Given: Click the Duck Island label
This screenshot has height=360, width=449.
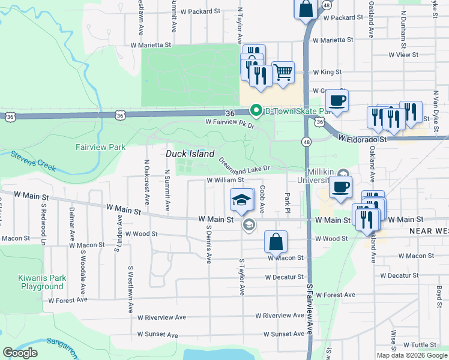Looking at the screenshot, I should (190, 154).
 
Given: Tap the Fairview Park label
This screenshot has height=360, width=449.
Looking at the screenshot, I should (100, 146).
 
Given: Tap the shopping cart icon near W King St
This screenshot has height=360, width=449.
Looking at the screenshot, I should (283, 73).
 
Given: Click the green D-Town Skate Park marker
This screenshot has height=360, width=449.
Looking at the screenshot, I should (256, 110).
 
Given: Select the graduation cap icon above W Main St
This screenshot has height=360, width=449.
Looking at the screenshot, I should (243, 200).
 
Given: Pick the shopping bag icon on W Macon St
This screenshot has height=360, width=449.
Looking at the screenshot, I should (276, 242).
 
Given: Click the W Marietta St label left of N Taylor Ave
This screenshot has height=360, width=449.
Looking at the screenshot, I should (151, 44).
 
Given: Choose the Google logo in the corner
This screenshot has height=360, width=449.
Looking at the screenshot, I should (20, 353).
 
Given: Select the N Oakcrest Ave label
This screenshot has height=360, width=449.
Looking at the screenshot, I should (146, 178).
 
